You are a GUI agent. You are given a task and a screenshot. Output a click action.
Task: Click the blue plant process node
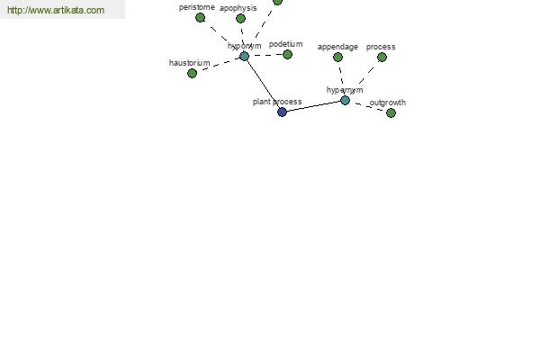[x=282, y=112]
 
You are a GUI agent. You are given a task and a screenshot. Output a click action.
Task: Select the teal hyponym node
[x=244, y=56]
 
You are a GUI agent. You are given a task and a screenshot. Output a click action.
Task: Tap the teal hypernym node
[x=345, y=100]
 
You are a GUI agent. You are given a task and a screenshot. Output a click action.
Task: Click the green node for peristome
[x=200, y=17]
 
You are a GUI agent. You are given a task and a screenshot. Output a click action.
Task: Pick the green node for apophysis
[x=240, y=18]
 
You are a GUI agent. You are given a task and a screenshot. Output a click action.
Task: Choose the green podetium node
[x=287, y=54]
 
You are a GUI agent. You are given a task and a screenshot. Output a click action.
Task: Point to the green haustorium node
[x=192, y=73]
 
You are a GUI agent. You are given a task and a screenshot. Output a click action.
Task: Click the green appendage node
[x=337, y=57]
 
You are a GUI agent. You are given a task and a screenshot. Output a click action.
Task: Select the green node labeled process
[x=382, y=57]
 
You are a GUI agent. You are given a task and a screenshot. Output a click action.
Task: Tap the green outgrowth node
[x=391, y=112]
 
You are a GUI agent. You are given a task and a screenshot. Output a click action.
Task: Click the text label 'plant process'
[x=276, y=102]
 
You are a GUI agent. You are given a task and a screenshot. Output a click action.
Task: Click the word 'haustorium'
[x=189, y=63]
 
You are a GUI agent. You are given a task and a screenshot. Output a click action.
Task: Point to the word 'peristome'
[x=196, y=7]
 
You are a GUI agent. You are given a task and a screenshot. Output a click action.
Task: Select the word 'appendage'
[x=337, y=47]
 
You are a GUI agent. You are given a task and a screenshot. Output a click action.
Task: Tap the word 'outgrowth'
[x=388, y=103]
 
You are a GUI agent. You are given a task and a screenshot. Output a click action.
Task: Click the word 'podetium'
[x=285, y=44]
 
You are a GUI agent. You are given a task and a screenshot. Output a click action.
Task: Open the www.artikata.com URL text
[x=55, y=11]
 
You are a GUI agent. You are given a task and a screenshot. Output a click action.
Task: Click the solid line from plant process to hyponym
[x=263, y=84]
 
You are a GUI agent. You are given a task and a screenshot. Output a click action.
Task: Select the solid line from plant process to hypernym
[x=313, y=106]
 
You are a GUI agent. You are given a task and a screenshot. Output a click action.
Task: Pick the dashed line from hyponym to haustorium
[x=218, y=64]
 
